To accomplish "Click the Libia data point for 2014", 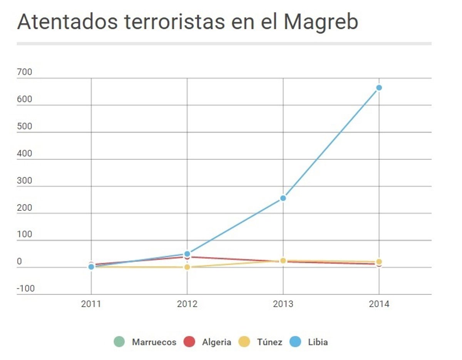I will point(379,88).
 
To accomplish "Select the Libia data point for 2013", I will point(283,198).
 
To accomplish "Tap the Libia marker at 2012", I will point(187,254).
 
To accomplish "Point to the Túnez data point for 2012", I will point(187,267).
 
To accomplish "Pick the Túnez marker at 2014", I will point(379,262).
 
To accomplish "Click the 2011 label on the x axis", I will point(91,304).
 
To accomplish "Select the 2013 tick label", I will point(283,304).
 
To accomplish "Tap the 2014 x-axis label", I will point(379,304).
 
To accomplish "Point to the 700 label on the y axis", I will point(25,72).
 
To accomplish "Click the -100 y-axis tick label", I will point(26,289).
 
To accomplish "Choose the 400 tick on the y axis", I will point(25,154).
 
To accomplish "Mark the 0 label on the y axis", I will point(19,262).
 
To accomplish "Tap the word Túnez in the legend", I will point(269,342).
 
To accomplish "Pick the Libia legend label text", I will point(318,342).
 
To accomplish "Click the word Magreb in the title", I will point(321,22).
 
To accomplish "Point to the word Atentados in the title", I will point(68,22).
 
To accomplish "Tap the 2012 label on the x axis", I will point(187,304).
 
